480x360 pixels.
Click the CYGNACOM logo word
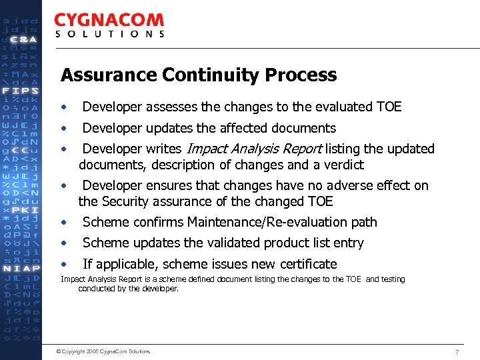(x=109, y=21)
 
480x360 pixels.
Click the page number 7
(x=457, y=351)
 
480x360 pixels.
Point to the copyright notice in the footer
(x=104, y=351)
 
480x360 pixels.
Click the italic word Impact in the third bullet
(x=205, y=149)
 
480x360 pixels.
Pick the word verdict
(x=343, y=165)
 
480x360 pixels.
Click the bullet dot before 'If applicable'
(x=63, y=264)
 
